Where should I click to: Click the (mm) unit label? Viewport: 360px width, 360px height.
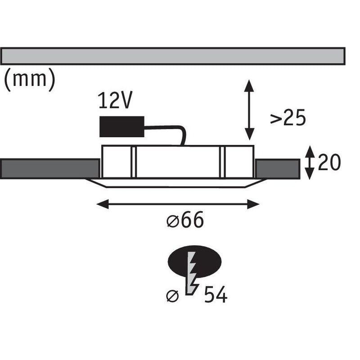coord(30,80)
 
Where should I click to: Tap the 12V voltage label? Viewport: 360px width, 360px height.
coord(115,100)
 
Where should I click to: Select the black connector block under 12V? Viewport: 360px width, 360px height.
coord(122,127)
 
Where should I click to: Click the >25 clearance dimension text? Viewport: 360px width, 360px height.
coord(288,117)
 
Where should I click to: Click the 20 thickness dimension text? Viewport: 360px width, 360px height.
coord(329,162)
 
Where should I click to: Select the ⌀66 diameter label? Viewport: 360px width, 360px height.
coord(185,220)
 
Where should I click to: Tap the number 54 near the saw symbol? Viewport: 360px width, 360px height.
coord(216,294)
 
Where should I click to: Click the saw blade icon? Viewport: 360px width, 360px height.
coord(192,273)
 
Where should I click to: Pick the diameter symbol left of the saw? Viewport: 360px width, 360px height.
coord(172,296)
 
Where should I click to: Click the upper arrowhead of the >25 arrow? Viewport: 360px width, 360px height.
coord(249,85)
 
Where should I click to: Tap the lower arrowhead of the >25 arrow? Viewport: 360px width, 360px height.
coord(249,134)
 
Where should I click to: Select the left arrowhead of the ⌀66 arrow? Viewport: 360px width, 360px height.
coord(103,204)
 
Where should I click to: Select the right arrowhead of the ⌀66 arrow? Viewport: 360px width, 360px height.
coord(253,204)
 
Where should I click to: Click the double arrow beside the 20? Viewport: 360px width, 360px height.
coord(310,162)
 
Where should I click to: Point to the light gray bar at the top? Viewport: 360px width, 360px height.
coord(173,56)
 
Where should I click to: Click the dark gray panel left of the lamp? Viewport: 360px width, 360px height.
coord(50,169)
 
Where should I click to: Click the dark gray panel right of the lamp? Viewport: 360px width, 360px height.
coord(277,169)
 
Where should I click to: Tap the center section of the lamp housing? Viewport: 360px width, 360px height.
coord(178,162)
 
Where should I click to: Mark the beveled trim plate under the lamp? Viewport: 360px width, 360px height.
coord(176,183)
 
